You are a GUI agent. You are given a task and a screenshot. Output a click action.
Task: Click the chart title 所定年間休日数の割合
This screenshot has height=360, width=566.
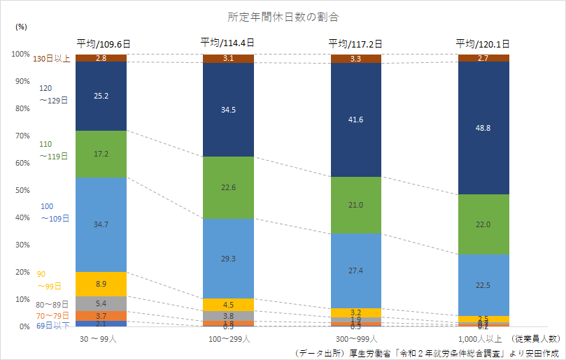283,15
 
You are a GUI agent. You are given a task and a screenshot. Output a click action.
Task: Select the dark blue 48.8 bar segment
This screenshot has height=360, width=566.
483,127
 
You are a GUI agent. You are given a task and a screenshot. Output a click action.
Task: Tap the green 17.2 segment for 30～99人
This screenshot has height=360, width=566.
101,154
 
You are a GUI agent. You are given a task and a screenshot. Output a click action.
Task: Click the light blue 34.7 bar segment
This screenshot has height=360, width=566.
101,224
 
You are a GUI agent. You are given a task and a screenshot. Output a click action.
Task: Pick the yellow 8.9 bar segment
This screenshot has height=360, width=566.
101,284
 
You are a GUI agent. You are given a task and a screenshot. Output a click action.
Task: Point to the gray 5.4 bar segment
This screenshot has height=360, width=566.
101,303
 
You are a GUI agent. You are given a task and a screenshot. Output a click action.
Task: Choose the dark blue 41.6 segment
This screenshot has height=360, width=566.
355,120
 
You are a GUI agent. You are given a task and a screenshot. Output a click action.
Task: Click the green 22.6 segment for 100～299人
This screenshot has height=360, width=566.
228,187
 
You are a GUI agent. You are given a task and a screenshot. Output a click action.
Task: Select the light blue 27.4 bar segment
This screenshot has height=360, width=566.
355,271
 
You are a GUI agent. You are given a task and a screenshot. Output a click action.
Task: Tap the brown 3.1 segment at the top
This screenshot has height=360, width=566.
228,59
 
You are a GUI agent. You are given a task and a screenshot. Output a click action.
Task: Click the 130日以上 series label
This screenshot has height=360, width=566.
51,59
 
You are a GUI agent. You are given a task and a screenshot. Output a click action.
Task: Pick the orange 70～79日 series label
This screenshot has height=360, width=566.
52,315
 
